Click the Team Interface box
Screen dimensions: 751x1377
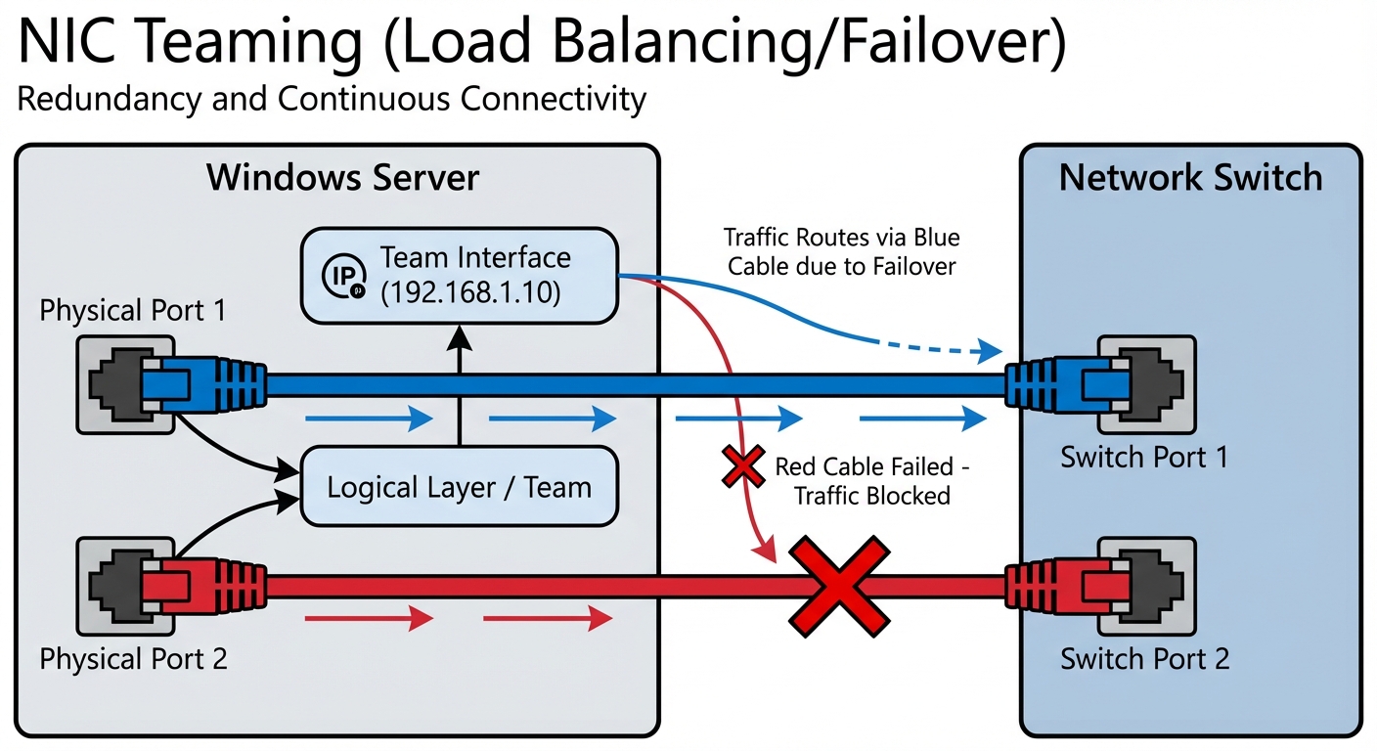click(x=460, y=275)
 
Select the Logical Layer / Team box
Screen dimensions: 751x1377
click(x=460, y=486)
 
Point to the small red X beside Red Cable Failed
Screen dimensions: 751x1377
click(x=742, y=465)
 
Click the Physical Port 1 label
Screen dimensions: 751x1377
click(x=132, y=311)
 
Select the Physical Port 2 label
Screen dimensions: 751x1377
click(x=133, y=658)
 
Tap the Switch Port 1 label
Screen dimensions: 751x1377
click(x=1144, y=457)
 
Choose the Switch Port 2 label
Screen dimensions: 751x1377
click(x=1144, y=658)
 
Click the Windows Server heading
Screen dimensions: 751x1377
click(x=343, y=178)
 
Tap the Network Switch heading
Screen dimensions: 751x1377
click(x=1190, y=178)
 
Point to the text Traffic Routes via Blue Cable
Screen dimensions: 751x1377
click(x=842, y=250)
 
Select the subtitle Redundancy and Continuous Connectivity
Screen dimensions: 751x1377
click(x=332, y=100)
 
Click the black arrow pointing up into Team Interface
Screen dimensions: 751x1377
click(x=460, y=386)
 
